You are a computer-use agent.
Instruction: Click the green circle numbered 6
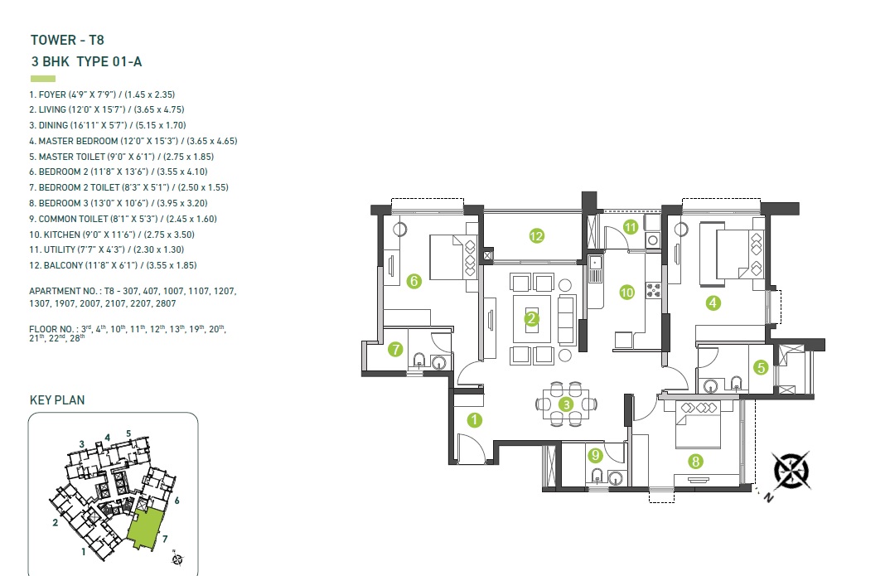click(x=414, y=281)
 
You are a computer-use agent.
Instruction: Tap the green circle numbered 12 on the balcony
click(x=536, y=236)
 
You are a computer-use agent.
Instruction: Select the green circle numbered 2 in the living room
click(x=532, y=317)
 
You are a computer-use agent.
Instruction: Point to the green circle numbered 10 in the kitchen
click(x=627, y=292)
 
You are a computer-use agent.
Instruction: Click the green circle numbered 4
click(x=713, y=303)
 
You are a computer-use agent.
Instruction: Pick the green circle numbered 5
click(x=761, y=366)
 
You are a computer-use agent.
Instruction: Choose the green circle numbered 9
click(x=594, y=454)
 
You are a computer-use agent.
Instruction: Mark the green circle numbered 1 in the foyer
click(x=474, y=419)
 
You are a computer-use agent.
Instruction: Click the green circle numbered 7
click(x=396, y=350)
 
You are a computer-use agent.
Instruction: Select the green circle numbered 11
click(x=631, y=226)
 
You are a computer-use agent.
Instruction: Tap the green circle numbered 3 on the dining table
click(x=566, y=404)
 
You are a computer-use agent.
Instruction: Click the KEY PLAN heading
click(x=57, y=400)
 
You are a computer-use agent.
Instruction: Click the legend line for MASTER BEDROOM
click(x=133, y=141)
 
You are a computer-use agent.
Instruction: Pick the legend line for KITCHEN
click(x=111, y=235)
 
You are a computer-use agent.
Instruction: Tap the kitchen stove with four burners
click(x=652, y=290)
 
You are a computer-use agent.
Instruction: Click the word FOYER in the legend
click(x=53, y=94)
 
